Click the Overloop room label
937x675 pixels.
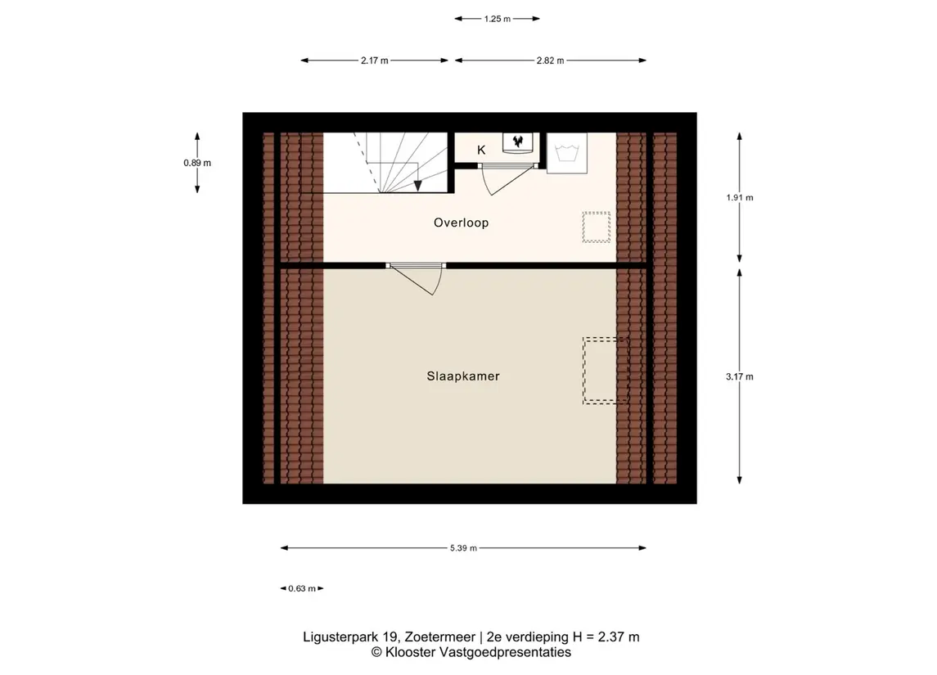click(x=461, y=223)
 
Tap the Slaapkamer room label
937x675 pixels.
click(x=463, y=376)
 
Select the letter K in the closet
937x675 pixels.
click(x=481, y=150)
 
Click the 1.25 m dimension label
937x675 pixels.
click(x=498, y=19)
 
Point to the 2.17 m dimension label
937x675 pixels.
click(x=374, y=61)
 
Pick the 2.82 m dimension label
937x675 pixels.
click(x=551, y=61)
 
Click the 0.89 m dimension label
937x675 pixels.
click(x=197, y=163)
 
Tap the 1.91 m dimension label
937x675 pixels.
click(x=740, y=197)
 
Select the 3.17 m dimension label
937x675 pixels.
click(x=740, y=376)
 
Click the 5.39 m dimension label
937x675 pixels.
click(x=463, y=547)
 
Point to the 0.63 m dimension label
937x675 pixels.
click(x=302, y=588)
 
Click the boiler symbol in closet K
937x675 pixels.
click(x=517, y=142)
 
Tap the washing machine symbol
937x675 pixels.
click(x=566, y=153)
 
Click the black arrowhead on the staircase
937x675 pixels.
click(x=417, y=186)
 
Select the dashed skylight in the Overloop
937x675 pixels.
click(x=597, y=227)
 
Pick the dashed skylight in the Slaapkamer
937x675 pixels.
click(x=606, y=371)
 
